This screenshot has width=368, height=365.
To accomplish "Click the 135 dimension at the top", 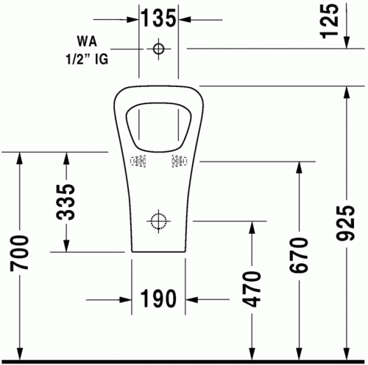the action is click(159, 18).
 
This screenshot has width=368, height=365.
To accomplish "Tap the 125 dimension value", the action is click(330, 21).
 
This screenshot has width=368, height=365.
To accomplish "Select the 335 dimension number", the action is click(66, 202).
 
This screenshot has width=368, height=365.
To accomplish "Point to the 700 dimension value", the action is click(19, 253).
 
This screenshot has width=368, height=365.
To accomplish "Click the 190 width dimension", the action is click(158, 299).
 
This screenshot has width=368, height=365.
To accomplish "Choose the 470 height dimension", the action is click(251, 289).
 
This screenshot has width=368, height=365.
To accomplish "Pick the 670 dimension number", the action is click(299, 255).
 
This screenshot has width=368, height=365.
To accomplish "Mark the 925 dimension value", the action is click(345, 223).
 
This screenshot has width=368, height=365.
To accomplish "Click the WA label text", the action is click(87, 41).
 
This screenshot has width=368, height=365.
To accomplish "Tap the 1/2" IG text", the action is click(87, 59).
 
